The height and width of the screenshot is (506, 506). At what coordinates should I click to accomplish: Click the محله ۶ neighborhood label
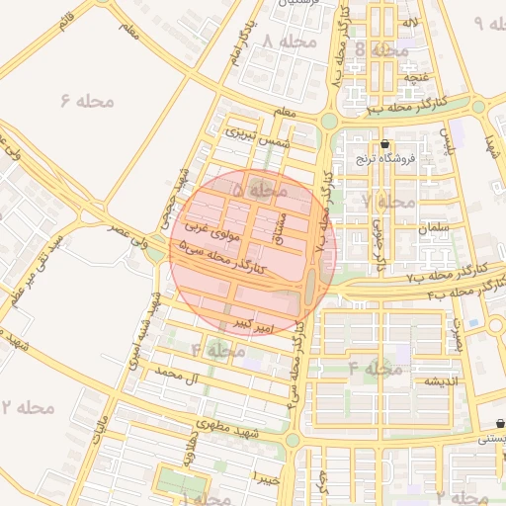88,101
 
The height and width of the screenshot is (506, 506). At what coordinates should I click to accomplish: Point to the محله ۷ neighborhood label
388,202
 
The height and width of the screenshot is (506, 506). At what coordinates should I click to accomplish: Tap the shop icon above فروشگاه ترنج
384,144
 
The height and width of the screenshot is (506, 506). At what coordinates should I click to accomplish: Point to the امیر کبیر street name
253,324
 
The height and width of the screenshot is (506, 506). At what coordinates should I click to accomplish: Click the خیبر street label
269,478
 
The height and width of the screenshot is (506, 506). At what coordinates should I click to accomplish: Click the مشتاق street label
281,227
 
